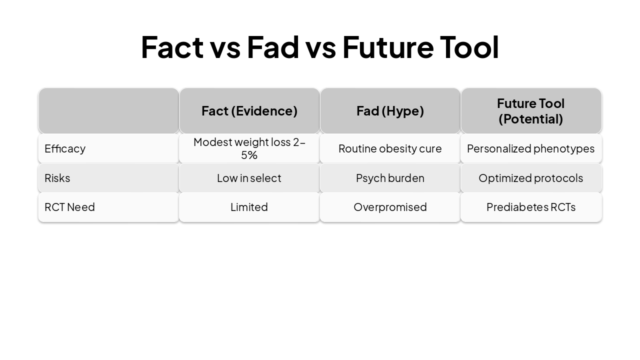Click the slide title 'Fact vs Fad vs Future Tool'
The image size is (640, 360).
(x=319, y=47)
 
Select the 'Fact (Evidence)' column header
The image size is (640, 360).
(x=249, y=111)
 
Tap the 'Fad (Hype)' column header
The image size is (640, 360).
(x=390, y=111)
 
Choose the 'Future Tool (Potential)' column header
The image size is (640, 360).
(x=530, y=111)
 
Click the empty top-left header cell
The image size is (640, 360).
(x=108, y=111)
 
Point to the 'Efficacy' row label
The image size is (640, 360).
(x=65, y=148)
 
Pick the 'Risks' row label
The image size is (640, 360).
(x=57, y=178)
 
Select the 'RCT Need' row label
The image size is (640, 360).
(x=69, y=207)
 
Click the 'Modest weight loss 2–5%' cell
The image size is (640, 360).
(x=249, y=148)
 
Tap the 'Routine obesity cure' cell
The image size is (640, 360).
(x=390, y=148)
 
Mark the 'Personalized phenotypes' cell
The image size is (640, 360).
(x=530, y=148)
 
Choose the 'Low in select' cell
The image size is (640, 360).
(x=249, y=178)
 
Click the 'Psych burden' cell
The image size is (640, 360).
(x=390, y=178)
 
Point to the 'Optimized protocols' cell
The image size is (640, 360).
(x=530, y=178)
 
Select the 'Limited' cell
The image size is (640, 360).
(x=249, y=207)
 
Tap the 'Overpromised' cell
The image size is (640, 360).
(x=390, y=207)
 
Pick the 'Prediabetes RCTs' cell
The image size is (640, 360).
(x=530, y=207)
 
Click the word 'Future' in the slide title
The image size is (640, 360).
(x=388, y=47)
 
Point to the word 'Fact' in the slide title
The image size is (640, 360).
(x=172, y=47)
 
